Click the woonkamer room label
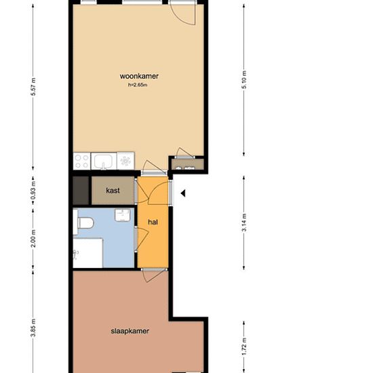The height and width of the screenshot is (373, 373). point(139,76)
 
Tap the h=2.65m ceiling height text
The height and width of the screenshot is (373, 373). point(138,85)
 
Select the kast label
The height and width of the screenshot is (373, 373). point(113,191)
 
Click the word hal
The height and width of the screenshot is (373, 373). point(153,222)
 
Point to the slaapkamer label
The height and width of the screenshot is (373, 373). point(130,331)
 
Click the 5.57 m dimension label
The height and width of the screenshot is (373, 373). point(33,87)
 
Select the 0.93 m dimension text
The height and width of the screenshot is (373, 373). point(33,191)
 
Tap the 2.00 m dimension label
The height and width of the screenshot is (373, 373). point(33,239)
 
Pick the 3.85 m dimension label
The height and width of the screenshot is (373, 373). point(33,328)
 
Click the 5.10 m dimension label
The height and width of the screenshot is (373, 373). point(244,80)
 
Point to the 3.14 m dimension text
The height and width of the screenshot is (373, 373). point(244,222)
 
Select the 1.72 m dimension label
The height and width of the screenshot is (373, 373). point(244,347)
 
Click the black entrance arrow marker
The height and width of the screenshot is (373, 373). point(183,193)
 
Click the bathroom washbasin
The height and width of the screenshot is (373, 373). point(123,215)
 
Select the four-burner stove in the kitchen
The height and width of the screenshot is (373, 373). point(81,161)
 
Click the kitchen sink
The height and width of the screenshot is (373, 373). point(104,161)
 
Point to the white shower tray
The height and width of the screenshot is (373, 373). point(87,253)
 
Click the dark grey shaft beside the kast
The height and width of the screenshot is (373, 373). point(81,191)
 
